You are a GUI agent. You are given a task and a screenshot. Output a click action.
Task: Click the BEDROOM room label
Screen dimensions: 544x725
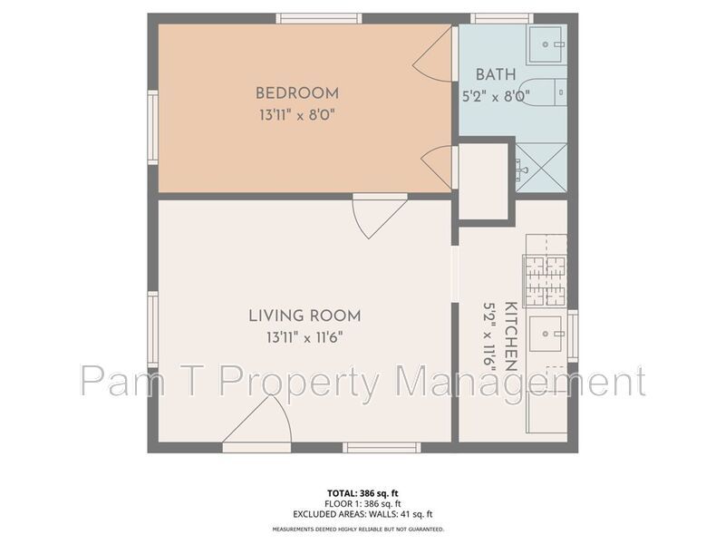click(296, 92)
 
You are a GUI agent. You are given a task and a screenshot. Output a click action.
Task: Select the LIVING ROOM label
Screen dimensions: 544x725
click(304, 316)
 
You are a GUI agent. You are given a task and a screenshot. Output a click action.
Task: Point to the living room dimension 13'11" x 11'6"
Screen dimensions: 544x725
click(304, 338)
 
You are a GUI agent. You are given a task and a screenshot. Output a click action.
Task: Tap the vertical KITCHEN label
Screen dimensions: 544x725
click(510, 336)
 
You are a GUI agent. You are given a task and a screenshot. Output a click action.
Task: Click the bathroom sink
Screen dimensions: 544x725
click(547, 39)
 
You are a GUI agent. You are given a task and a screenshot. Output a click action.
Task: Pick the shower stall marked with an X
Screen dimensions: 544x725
click(541, 167)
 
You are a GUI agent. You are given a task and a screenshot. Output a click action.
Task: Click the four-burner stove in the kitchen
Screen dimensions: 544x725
click(545, 280)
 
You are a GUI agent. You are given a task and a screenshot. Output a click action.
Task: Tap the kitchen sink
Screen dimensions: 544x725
click(546, 335)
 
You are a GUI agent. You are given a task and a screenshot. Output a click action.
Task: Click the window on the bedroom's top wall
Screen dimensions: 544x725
click(319, 18)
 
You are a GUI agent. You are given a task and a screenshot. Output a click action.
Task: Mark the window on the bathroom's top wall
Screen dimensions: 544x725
click(501, 18)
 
